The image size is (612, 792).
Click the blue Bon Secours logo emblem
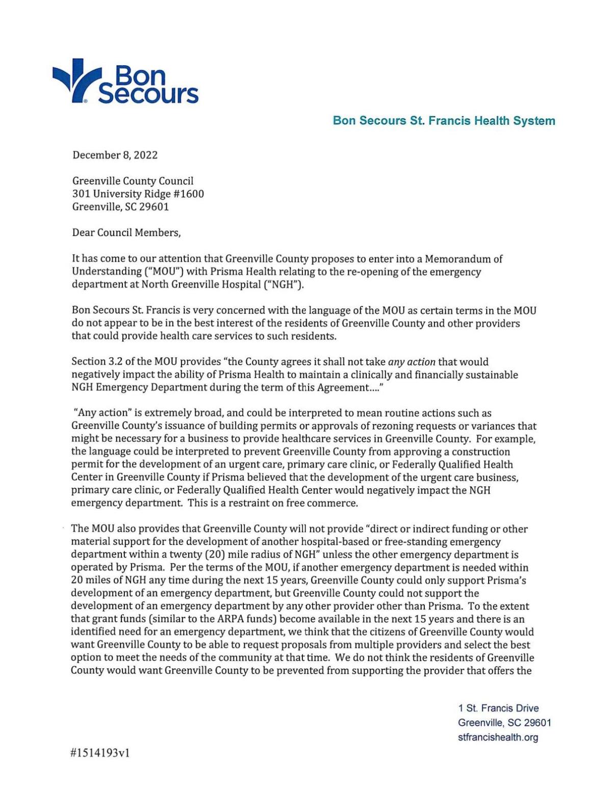click(76, 81)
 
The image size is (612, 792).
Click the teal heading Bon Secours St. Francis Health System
click(444, 121)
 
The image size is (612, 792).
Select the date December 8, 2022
click(115, 155)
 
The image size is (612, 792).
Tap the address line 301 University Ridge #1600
click(138, 194)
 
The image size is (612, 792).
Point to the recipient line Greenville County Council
click(133, 181)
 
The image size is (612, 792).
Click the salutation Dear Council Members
click(126, 232)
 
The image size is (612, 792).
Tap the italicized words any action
click(412, 362)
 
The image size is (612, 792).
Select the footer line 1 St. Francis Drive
click(498, 708)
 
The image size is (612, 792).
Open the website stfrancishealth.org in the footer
click(498, 737)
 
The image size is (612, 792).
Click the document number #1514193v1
click(100, 753)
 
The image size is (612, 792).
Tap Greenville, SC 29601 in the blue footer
click(504, 723)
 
